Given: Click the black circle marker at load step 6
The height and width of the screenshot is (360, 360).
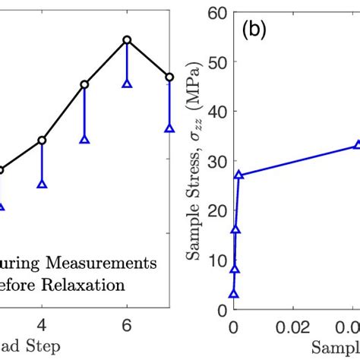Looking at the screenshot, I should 127,39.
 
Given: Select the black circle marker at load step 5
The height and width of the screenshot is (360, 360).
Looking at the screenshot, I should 84,84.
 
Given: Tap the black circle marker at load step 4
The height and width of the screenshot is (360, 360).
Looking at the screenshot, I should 42,140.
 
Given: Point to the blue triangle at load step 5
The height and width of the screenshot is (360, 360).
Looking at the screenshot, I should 84,140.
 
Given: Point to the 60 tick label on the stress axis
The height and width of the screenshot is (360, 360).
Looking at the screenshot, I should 215,13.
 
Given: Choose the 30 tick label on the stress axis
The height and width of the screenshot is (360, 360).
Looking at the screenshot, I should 215,162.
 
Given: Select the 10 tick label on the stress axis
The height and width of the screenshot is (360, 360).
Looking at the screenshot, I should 215,261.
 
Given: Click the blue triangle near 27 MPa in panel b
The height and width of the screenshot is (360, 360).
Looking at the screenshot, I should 239,175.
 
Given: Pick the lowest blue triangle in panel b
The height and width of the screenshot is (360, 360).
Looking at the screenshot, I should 233,294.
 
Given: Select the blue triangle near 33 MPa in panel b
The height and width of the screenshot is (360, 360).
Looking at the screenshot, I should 356,145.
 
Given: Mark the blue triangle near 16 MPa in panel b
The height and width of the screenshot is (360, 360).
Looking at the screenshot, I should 235,229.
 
